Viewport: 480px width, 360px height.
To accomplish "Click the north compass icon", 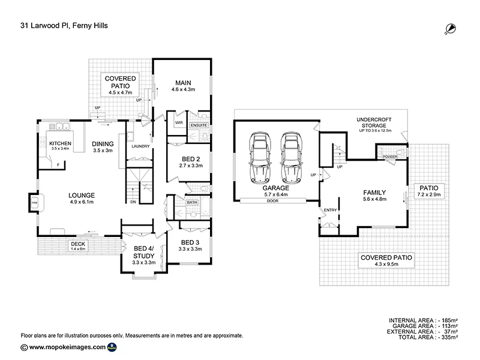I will pos(449,28).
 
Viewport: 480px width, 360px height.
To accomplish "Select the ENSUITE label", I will pos(199,125).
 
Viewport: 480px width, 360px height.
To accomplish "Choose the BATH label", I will pos(192,203).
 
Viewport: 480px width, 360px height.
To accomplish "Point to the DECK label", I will pos(77,244).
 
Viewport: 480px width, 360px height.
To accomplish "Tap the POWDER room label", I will pos(391,157).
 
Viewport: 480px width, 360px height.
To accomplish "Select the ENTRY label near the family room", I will pos(331,209).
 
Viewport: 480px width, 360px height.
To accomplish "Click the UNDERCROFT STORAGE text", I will pos(375,122).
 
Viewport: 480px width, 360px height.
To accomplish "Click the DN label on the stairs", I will pos(132,202).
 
